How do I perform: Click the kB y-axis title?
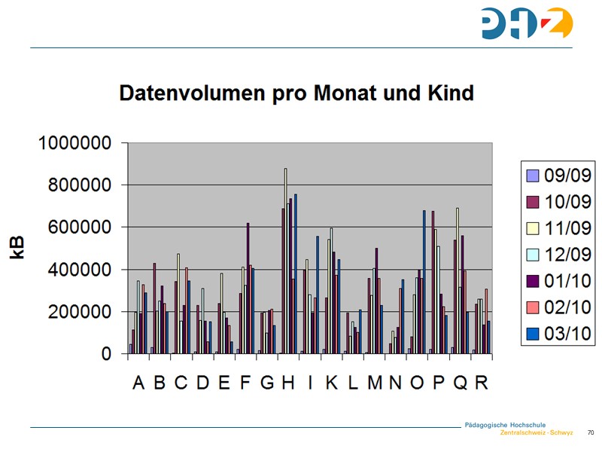coord(17,247)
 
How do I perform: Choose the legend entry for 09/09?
coord(558,176)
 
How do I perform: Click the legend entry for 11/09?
coord(558,228)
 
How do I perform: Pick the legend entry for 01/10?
coord(558,281)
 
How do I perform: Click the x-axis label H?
coord(288,383)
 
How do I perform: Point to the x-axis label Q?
coord(461,383)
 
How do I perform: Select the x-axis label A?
coord(138,383)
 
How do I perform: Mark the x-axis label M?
coord(375,383)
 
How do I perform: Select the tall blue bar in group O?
coord(424,279)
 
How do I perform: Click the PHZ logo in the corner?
coord(527,23)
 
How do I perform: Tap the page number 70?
coord(591,433)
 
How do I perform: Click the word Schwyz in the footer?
coord(561,433)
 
